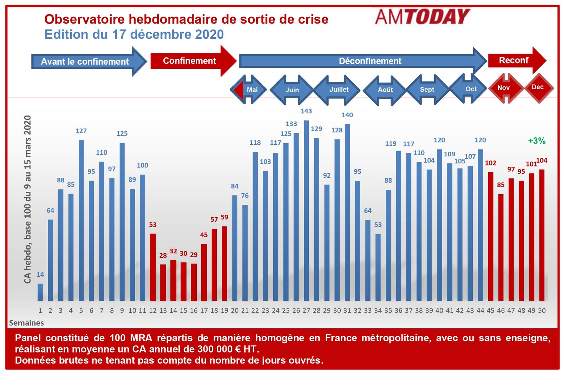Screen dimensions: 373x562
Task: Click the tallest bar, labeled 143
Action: (306, 211)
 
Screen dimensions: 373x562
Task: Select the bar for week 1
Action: (40, 292)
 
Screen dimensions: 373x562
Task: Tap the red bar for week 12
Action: (153, 267)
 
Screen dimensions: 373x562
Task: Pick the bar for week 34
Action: (378, 267)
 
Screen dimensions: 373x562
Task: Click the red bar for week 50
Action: (542, 235)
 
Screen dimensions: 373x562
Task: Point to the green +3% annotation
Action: (537, 141)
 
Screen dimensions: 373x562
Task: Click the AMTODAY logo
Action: (422, 17)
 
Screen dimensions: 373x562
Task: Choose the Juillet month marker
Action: (338, 90)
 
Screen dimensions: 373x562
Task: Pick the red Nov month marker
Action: (504, 88)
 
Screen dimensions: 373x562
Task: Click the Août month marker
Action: (385, 90)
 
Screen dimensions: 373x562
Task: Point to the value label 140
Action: (347, 115)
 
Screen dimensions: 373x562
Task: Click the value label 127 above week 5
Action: (81, 131)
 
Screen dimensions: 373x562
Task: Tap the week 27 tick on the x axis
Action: (306, 310)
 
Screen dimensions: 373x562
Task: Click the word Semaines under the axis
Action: (26, 323)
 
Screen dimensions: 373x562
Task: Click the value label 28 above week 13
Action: (163, 256)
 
